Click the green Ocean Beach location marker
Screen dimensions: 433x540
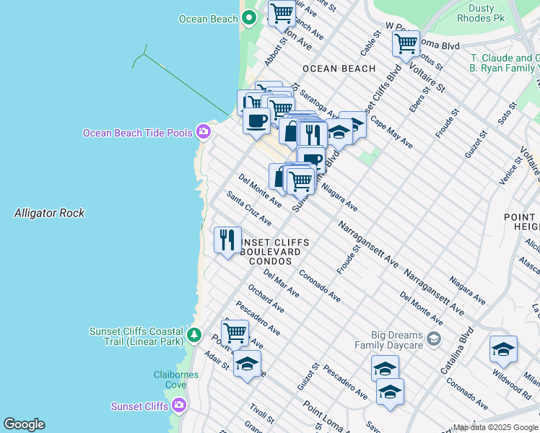[250, 19]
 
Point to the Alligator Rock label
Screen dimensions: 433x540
[49, 213]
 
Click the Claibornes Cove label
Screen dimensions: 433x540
[171, 379]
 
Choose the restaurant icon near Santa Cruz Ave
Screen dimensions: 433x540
[227, 240]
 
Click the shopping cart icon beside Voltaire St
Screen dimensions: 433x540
[406, 43]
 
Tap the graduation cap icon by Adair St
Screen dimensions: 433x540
[247, 364]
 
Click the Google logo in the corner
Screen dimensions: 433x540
[24, 424]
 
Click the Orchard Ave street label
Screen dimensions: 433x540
[266, 299]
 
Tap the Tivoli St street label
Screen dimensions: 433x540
[261, 414]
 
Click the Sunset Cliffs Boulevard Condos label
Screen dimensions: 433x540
[274, 251]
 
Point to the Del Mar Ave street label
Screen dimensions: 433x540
[282, 284]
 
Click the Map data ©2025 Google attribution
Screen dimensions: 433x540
[495, 427]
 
